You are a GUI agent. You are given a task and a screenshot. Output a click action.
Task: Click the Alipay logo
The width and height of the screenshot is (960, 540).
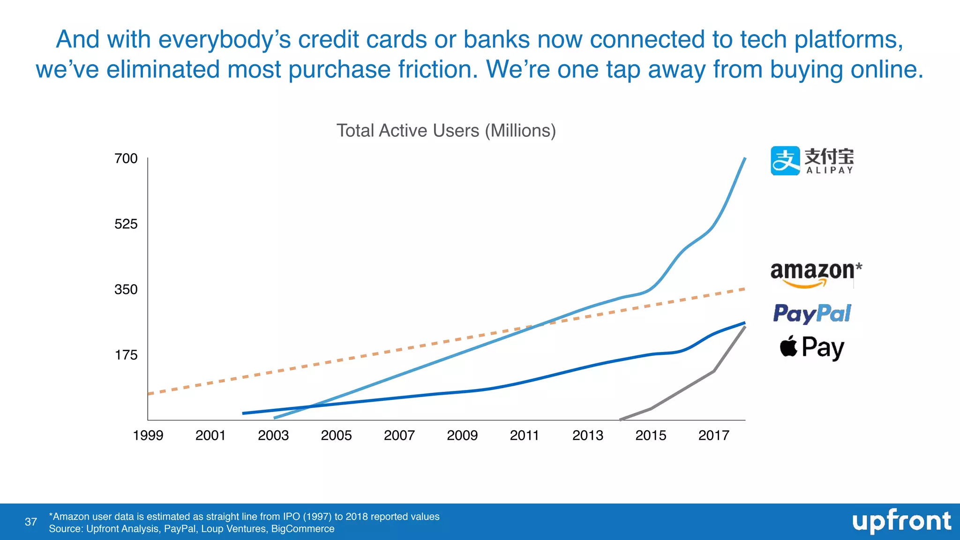point(812,161)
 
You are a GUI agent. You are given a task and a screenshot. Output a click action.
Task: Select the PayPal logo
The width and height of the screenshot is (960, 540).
point(812,314)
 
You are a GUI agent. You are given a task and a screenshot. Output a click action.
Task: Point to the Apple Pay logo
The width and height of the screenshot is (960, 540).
point(812,348)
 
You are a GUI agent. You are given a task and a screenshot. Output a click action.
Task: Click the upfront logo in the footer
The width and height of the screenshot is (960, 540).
point(901,521)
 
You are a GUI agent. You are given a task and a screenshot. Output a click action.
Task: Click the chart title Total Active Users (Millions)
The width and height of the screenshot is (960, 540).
point(446,131)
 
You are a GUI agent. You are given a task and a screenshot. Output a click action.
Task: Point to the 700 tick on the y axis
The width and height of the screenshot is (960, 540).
point(126,158)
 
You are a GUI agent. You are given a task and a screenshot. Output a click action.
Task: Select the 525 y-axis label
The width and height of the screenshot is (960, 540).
point(126,224)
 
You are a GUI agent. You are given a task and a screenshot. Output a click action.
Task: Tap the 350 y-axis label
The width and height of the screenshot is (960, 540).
point(126,290)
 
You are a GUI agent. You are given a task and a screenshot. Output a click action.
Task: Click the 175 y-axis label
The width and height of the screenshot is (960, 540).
point(126,355)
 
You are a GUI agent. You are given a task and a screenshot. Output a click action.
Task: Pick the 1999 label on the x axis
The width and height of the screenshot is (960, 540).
point(148,435)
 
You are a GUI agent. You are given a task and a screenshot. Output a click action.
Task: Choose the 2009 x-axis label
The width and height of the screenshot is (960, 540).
point(462,435)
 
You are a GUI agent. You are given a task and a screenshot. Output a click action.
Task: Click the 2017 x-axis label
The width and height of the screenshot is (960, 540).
point(713,435)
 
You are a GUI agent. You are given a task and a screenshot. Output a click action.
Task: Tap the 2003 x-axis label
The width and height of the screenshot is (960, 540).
point(273,435)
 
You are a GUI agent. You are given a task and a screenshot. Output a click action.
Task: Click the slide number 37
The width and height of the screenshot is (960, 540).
point(31,522)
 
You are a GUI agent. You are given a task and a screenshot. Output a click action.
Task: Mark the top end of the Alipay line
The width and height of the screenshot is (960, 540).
point(745,159)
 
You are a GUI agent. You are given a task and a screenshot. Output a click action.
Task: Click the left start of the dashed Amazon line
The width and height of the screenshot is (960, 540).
point(149,394)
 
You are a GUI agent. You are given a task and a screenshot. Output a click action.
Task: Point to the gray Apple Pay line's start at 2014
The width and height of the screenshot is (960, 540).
point(621,420)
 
